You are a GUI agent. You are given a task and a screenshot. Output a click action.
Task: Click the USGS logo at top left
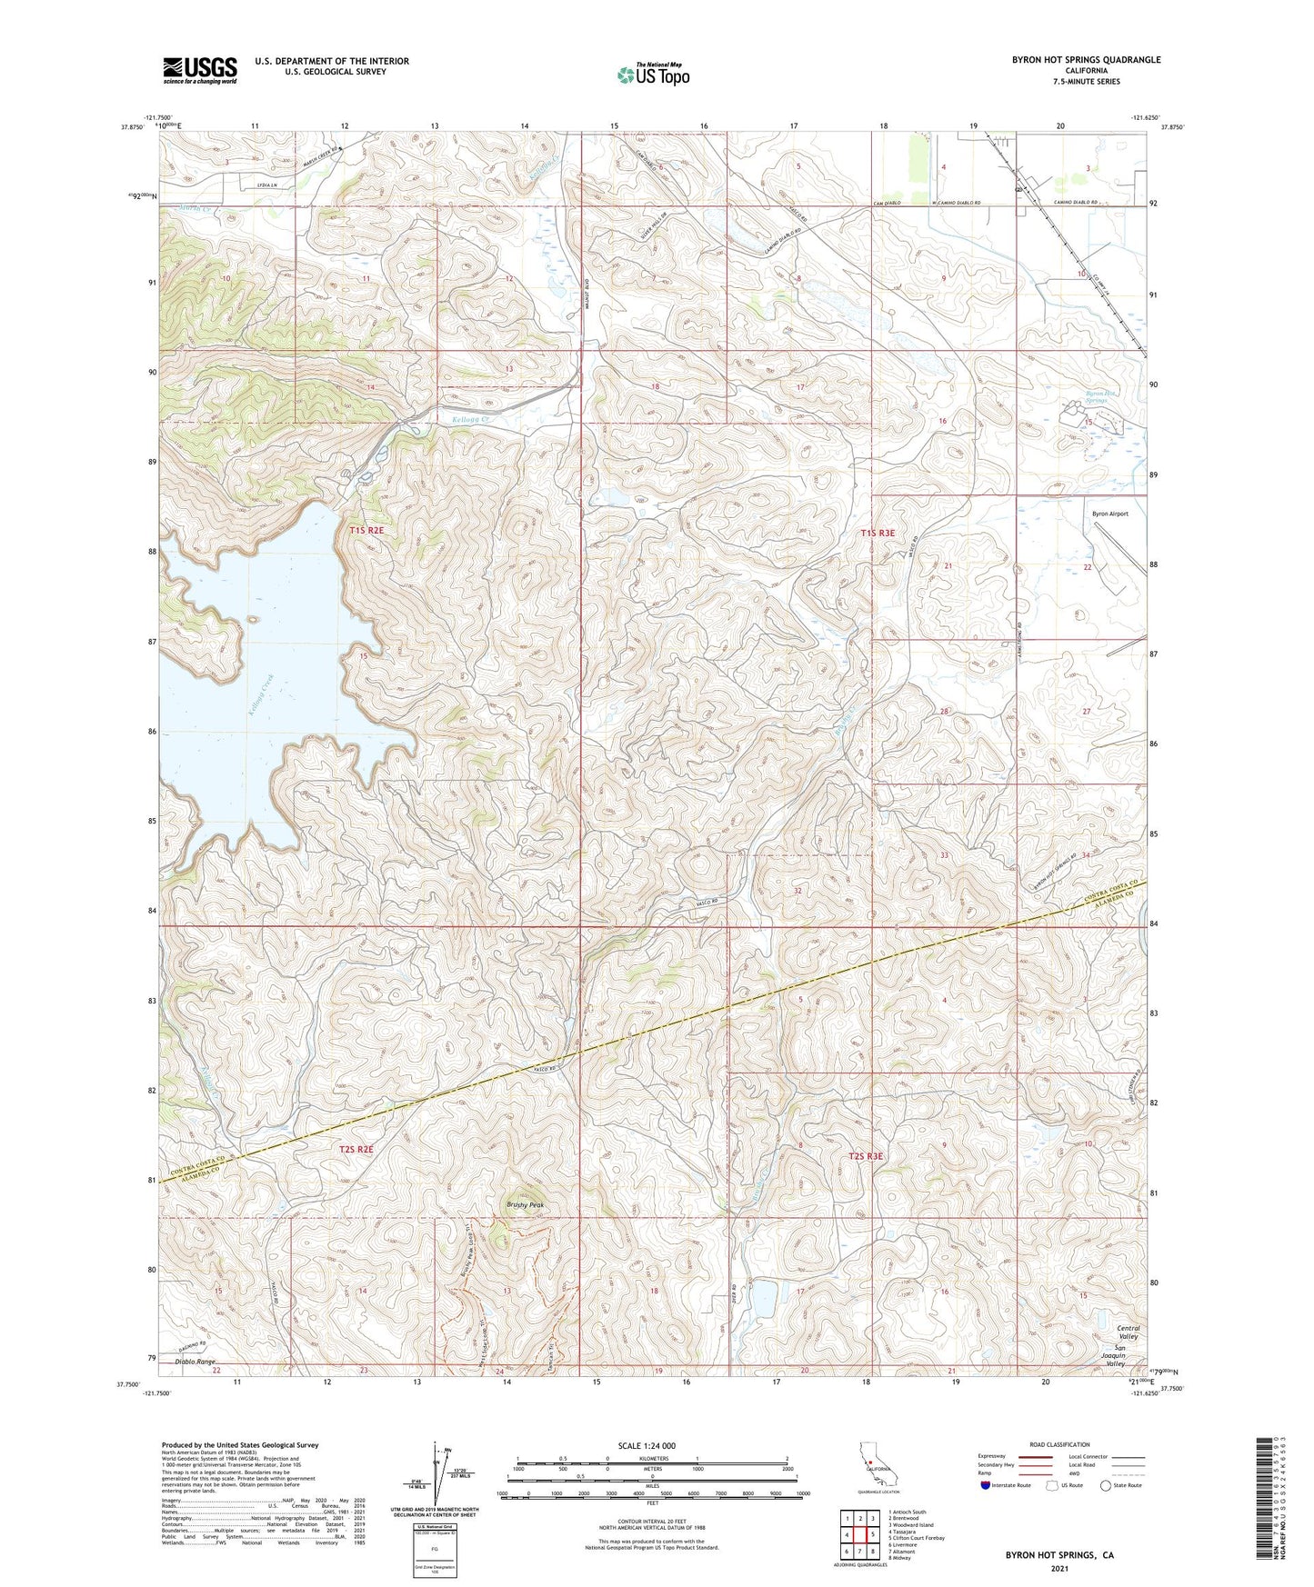199,70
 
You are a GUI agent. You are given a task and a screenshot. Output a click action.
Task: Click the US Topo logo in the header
652,74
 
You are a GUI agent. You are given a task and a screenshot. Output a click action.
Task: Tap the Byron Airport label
1109,514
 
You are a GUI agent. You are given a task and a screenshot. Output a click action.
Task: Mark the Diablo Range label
196,1362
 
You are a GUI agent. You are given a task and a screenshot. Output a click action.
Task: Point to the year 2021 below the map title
1058,1569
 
